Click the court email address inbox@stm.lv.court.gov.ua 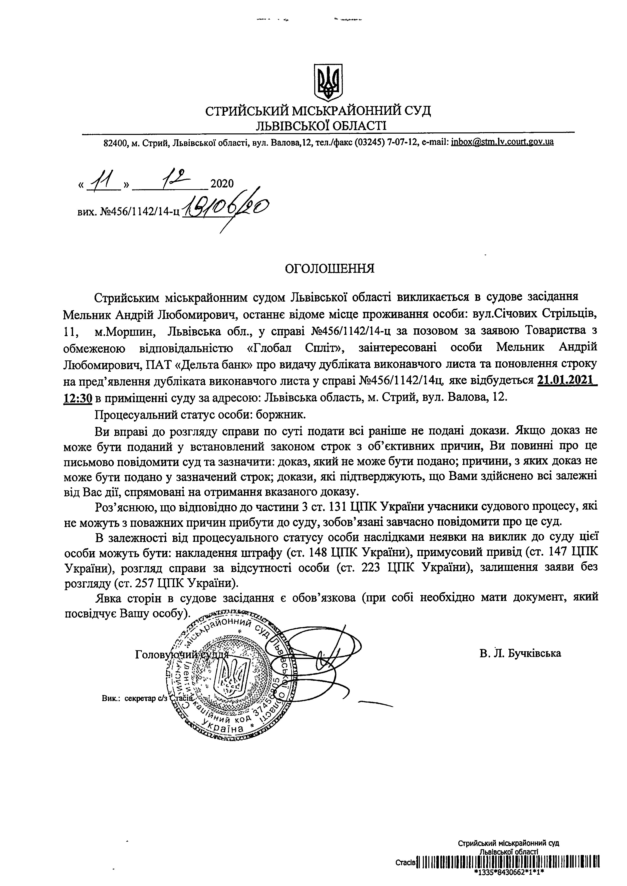(x=502, y=142)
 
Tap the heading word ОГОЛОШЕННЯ (x=329, y=268)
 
